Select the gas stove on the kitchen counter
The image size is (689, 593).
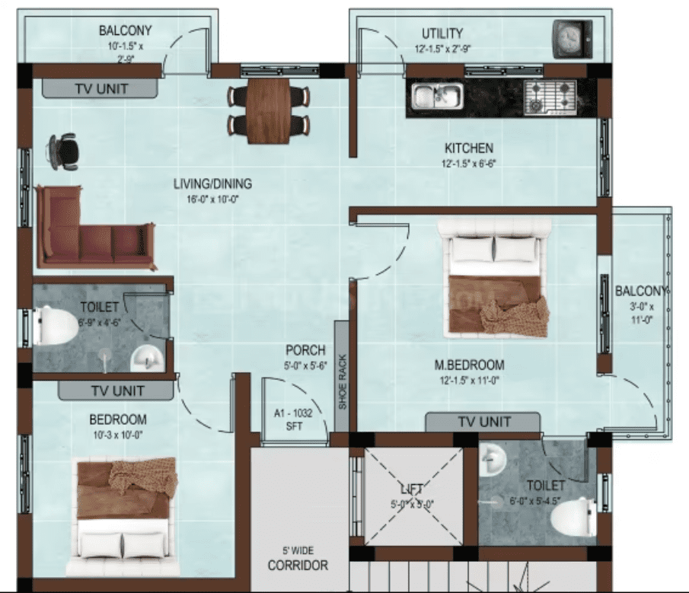(x=550, y=97)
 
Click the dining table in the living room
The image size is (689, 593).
(x=269, y=110)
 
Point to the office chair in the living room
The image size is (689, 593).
(x=64, y=151)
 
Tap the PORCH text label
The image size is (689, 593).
(x=305, y=351)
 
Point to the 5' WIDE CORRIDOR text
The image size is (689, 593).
(x=298, y=560)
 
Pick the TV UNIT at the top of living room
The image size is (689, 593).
(x=100, y=88)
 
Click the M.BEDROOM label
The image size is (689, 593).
(x=469, y=365)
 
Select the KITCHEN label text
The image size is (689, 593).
(x=469, y=148)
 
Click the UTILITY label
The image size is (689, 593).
(x=442, y=33)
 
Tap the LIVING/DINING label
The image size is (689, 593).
(x=212, y=183)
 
